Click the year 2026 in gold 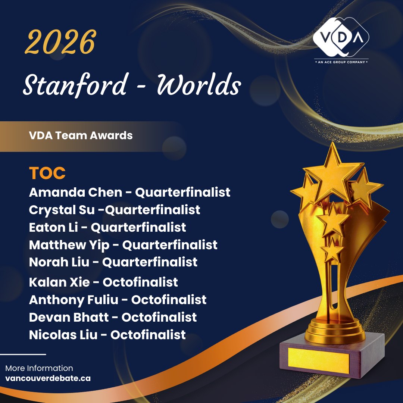click(60, 42)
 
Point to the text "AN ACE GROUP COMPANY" click(341, 62)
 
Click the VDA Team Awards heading click(81, 135)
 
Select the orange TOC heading click(47, 173)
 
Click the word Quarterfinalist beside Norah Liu click(150, 262)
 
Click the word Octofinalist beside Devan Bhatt click(159, 317)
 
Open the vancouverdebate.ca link click(48, 378)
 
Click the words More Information click(39, 368)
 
